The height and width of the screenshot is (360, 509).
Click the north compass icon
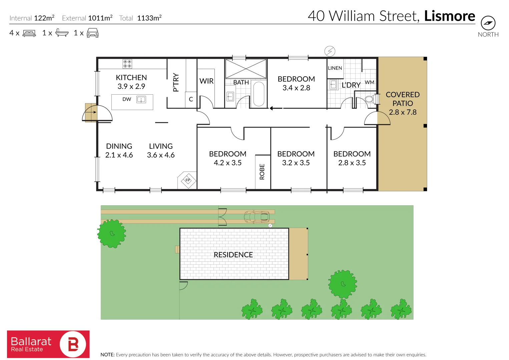488,23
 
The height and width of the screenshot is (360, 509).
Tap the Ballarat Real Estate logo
48,344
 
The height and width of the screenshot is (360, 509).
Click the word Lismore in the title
449,16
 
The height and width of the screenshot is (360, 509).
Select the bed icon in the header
29,33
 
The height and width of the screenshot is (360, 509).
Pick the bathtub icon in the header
62,33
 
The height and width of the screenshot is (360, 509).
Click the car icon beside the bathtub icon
92,33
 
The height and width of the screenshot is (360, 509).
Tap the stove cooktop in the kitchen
127,64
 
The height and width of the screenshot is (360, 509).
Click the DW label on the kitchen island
127,99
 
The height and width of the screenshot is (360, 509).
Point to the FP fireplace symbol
188,180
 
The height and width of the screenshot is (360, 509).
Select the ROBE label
262,172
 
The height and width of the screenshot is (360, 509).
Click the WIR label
206,81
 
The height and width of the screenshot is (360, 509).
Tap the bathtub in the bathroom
259,94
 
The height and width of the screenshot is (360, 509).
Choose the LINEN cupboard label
335,68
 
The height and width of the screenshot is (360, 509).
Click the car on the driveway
256,217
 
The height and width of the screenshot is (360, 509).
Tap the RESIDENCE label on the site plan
233,255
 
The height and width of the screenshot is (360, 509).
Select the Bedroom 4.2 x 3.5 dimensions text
227,163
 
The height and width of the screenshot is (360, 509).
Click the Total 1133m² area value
149,18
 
